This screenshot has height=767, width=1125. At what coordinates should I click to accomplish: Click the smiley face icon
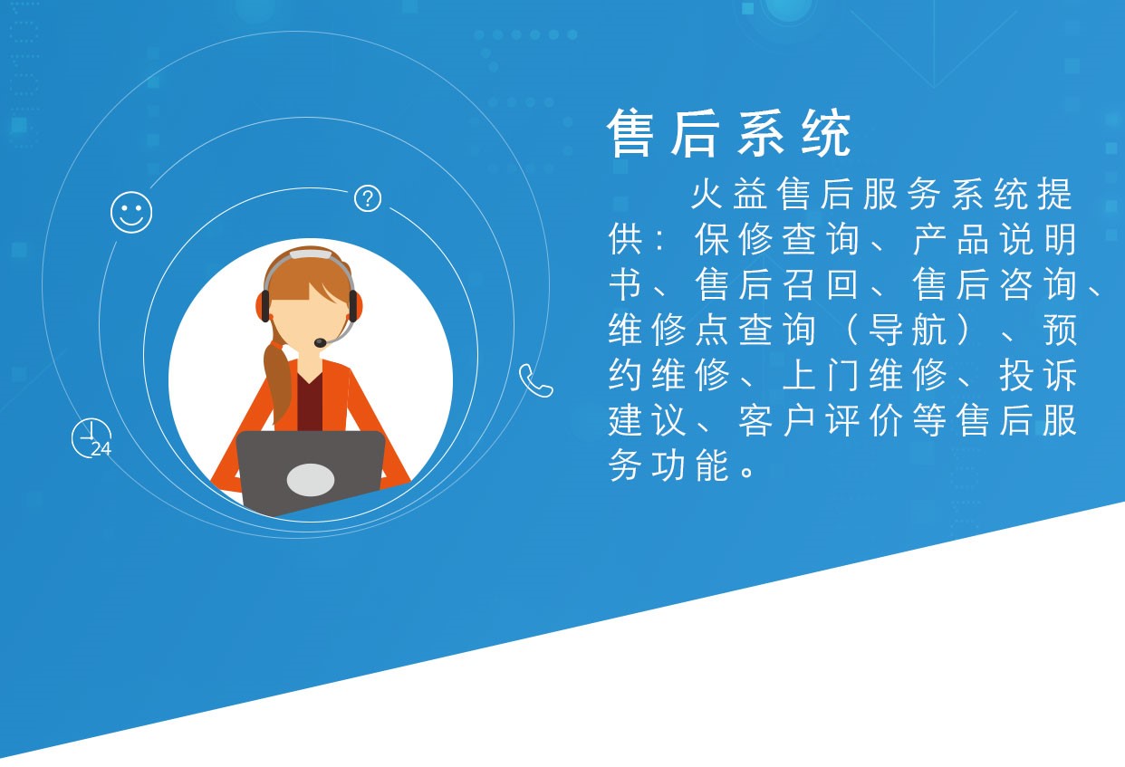pos(131,212)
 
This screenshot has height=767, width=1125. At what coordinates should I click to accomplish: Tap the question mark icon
pos(367,198)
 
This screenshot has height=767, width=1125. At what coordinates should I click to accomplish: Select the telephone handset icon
pos(535,380)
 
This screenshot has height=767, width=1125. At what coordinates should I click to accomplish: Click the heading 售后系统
pos(729,135)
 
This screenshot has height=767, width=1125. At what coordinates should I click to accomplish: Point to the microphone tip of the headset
pos(320,342)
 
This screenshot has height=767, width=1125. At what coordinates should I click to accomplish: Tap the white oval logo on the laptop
pos(311,479)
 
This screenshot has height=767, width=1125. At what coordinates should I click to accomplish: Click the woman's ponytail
pos(277,380)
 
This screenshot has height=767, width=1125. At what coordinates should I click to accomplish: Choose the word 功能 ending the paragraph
pos(688,466)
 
